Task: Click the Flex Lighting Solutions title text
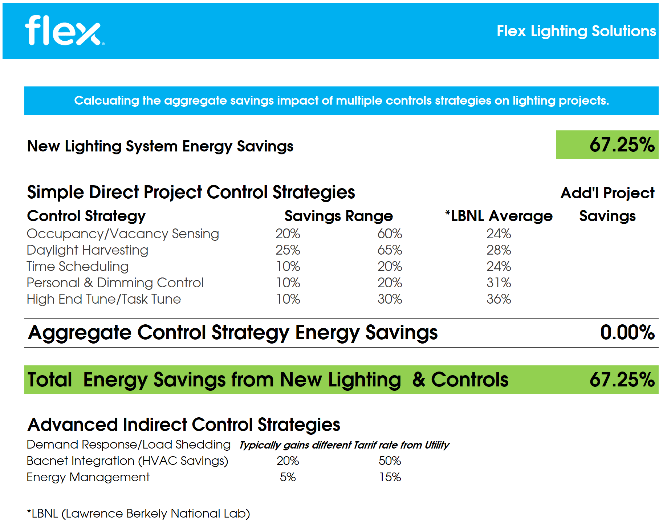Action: click(x=576, y=31)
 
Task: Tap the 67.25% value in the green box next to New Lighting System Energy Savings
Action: click(x=622, y=145)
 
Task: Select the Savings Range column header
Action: click(x=338, y=216)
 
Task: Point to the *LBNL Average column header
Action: click(x=499, y=216)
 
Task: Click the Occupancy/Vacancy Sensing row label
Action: click(x=123, y=234)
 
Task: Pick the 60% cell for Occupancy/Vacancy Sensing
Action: click(x=390, y=234)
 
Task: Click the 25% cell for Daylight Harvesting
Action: click(x=288, y=250)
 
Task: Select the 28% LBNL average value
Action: click(x=499, y=250)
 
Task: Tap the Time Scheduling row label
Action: click(x=78, y=267)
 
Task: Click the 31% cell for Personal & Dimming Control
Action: click(x=499, y=283)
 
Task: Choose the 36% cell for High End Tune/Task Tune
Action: click(x=499, y=299)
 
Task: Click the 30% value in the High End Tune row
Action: click(x=390, y=299)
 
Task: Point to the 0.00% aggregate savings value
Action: click(x=627, y=333)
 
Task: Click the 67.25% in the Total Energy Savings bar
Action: click(x=622, y=380)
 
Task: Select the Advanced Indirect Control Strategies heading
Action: click(x=184, y=425)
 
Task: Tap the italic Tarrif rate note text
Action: click(x=344, y=445)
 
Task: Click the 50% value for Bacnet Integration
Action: click(x=390, y=461)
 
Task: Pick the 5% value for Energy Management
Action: click(x=288, y=477)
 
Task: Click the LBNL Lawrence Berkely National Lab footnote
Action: click(x=138, y=514)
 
